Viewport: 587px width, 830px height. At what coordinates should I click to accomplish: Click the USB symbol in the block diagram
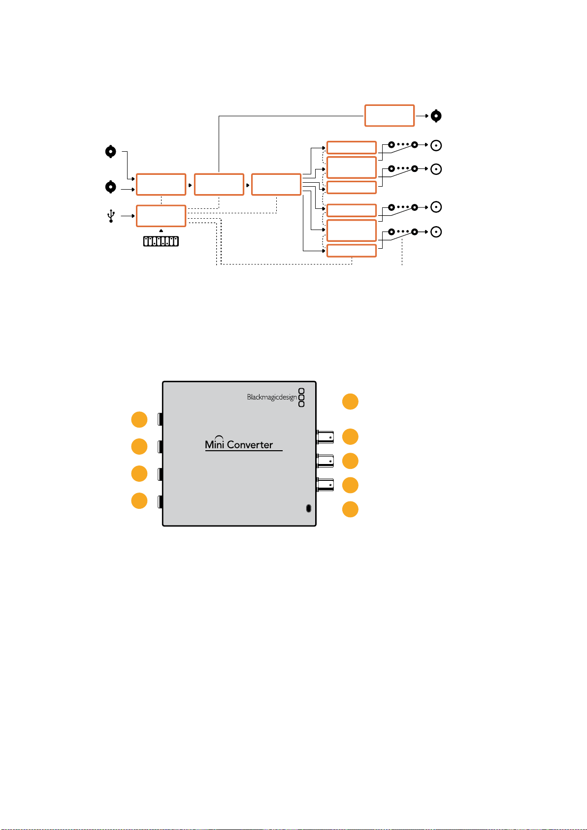(111, 216)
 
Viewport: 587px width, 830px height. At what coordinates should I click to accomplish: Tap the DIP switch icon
(161, 241)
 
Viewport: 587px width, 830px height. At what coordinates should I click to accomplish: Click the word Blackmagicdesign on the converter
(271, 397)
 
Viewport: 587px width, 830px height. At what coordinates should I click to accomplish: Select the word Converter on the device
(250, 445)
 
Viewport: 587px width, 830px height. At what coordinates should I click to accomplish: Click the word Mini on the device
(214, 444)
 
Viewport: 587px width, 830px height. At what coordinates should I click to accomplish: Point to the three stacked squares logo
(301, 398)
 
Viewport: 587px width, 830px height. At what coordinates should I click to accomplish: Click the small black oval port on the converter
(308, 508)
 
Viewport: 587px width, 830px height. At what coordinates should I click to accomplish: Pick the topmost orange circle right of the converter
(350, 401)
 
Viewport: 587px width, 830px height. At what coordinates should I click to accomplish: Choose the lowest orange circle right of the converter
(350, 509)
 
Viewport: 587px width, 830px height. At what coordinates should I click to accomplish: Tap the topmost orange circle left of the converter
(139, 420)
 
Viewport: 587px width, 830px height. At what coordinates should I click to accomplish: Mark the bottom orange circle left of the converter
(139, 500)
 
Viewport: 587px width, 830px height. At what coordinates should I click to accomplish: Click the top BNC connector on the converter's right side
(325, 437)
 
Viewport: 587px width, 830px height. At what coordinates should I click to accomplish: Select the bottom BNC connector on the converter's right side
(325, 485)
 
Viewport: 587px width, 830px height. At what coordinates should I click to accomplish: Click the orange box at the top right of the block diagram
(389, 116)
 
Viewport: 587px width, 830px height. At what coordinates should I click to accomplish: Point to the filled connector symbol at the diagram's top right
(436, 116)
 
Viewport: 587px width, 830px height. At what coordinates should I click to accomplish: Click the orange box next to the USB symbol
(161, 216)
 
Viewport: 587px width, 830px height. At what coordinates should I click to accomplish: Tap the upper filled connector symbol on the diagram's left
(110, 152)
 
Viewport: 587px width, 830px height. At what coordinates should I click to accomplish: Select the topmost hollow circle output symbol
(436, 145)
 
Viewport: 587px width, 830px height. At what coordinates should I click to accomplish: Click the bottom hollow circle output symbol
(436, 232)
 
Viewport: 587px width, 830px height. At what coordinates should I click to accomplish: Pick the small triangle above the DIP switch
(161, 231)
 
